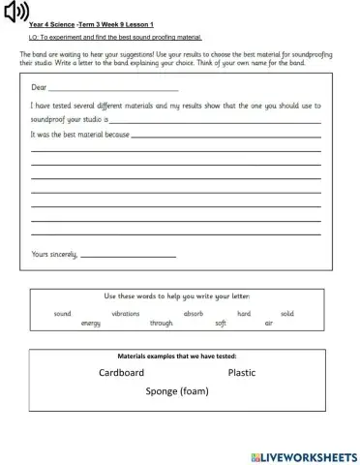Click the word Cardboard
(121, 373)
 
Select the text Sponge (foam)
(177, 392)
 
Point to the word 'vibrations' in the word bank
(126, 314)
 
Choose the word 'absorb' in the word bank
(194, 314)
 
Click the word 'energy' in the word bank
(91, 323)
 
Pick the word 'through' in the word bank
(162, 323)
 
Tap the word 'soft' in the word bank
(221, 323)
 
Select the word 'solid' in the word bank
(287, 314)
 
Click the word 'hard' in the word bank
(244, 314)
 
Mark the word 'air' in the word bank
(269, 323)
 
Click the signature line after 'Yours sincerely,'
(128, 256)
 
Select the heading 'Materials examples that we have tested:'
(177, 356)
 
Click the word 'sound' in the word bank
(63, 314)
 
